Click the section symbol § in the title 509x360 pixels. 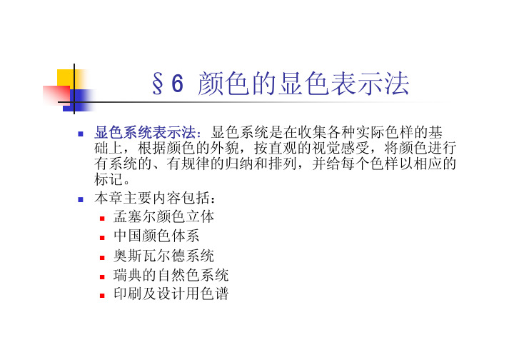158,84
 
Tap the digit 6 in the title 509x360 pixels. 178,83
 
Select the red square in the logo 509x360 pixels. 56,95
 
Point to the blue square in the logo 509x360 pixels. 79,101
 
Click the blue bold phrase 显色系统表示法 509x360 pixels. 146,133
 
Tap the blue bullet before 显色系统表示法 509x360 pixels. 81,134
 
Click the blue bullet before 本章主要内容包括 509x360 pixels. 81,199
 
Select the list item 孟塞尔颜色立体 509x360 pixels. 164,216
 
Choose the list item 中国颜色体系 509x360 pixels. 156,236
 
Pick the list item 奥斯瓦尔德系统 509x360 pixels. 164,256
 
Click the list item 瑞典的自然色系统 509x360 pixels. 171,275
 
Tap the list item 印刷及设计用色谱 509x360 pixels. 171,294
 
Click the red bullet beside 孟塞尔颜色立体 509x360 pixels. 102,219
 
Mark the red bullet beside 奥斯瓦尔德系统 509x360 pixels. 102,258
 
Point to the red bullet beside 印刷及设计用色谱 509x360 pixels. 102,296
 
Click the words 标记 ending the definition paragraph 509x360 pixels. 109,179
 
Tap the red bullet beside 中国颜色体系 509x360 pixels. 102,238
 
